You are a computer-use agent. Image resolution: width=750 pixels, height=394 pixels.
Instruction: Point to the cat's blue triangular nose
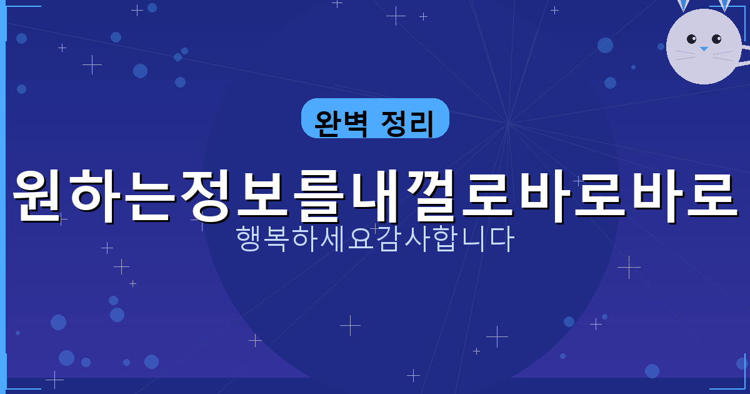[704, 48]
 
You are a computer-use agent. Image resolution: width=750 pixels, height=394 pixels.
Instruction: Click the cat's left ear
[683, 4]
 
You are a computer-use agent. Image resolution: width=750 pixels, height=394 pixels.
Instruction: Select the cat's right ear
[724, 4]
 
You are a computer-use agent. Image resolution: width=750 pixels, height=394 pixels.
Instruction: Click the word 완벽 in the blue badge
[339, 119]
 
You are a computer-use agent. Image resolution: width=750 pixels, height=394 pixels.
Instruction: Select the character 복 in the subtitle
[277, 239]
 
